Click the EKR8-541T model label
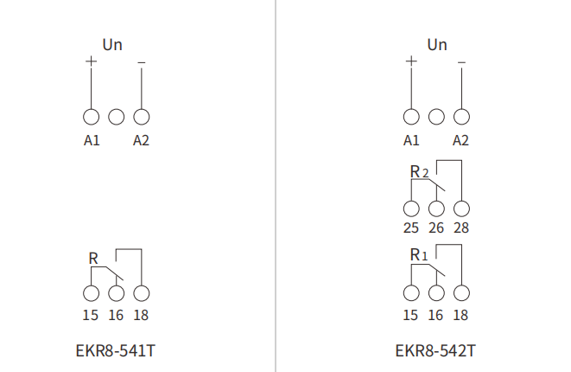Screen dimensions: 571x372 coord(116,351)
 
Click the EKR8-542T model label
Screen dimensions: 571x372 coord(435,351)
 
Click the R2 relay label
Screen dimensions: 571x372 coord(419,172)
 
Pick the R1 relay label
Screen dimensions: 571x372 coord(419,255)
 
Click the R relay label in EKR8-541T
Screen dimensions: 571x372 coord(93,259)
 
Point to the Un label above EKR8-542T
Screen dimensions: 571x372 coord(437,45)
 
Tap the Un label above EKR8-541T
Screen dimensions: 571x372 coord(112,45)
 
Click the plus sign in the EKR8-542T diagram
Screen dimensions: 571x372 coord(411,61)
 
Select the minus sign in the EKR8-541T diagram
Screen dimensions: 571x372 coord(142,63)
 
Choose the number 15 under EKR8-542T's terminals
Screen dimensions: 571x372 coord(410,315)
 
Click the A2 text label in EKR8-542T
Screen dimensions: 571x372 coord(460,140)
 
